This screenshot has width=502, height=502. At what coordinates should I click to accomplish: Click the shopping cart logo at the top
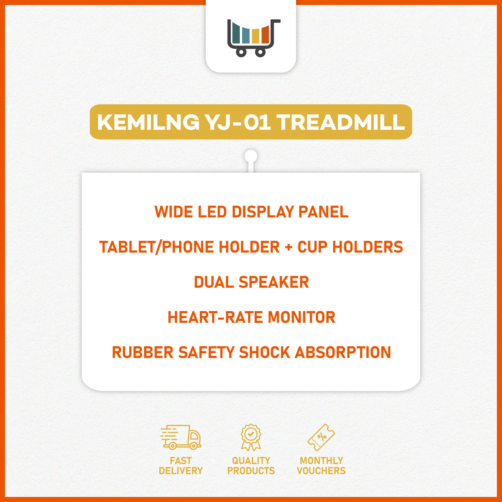click(251, 38)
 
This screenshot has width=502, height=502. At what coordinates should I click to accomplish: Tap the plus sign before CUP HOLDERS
click(288, 247)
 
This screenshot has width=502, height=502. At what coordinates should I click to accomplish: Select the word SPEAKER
click(274, 282)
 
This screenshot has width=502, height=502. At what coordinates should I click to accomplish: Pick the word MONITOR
click(301, 317)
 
